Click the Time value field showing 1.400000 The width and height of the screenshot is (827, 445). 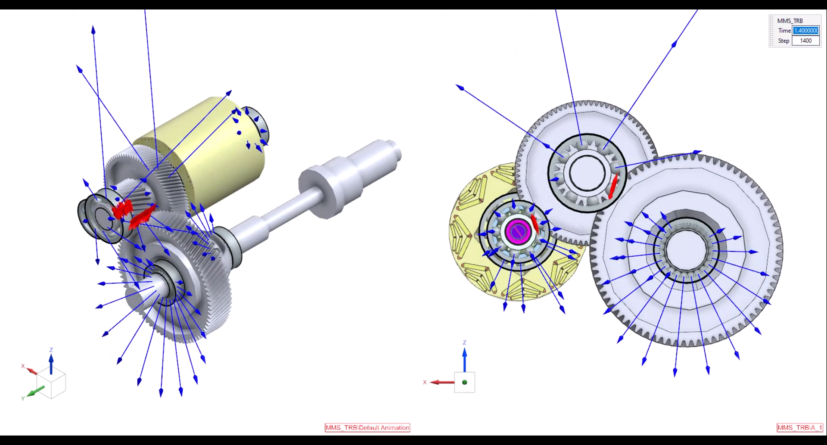tap(806, 31)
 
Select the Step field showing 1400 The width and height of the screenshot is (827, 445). tap(806, 41)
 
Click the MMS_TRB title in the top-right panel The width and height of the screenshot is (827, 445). tap(790, 21)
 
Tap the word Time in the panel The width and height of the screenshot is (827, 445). tap(784, 31)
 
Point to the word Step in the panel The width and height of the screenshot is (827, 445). tap(783, 41)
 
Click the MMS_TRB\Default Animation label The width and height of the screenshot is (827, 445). tap(367, 427)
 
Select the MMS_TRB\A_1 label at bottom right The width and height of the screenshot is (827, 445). tap(800, 427)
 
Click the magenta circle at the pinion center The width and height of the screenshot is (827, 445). tap(518, 231)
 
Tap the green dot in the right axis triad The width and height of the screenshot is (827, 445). tap(464, 382)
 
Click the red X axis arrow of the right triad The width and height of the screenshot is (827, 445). tap(442, 382)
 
